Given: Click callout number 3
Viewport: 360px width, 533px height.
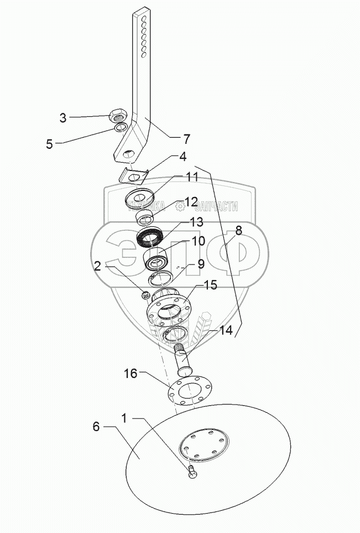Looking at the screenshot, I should click(x=63, y=117).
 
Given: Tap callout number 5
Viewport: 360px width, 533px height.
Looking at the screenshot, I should click(x=49, y=144).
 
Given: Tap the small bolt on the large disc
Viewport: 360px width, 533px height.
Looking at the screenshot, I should click(x=192, y=472).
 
